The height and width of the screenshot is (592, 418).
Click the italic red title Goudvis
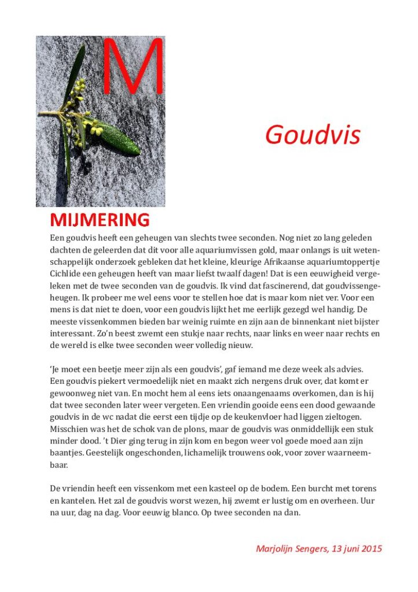point(313,135)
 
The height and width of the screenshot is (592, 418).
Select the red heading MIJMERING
point(100,220)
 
